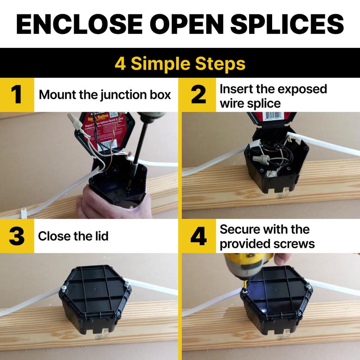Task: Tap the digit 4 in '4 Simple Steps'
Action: coord(120,63)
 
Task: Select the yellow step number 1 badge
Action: coord(17,94)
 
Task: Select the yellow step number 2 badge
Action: coord(199,94)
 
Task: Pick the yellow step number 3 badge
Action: coord(17,236)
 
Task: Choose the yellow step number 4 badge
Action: coord(199,236)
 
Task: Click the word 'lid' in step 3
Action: coord(101,236)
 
